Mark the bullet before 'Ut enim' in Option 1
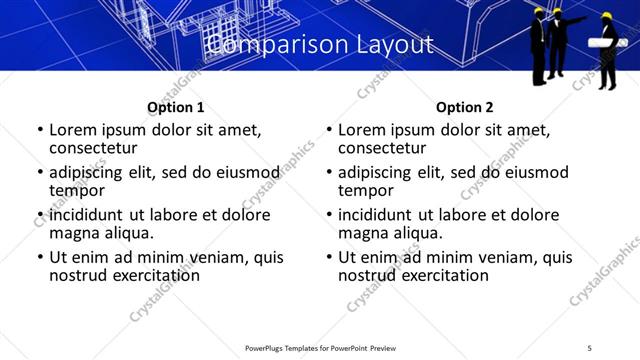[x=40, y=258]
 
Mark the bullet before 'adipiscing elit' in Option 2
[x=329, y=173]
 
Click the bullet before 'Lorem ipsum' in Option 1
[x=40, y=131]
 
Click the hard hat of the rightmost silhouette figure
[x=606, y=16]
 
